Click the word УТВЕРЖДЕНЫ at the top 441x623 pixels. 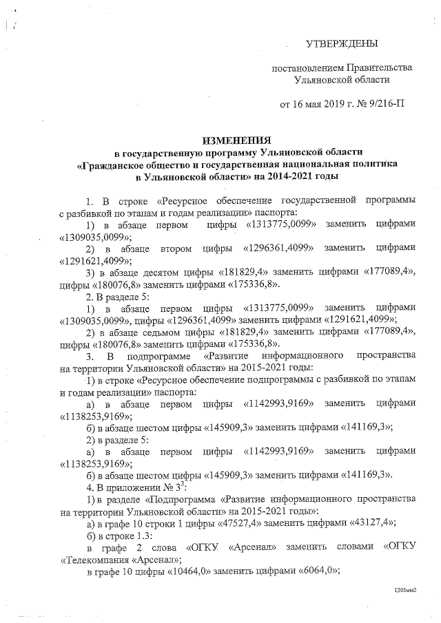point(342,45)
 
